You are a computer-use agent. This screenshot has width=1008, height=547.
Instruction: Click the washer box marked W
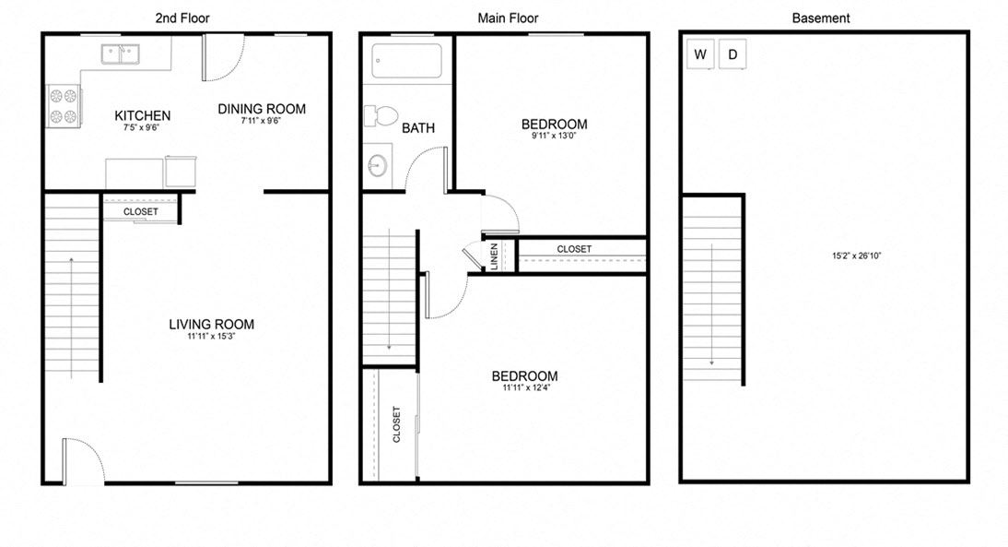point(700,54)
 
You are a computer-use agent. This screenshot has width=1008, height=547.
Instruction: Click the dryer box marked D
point(733,54)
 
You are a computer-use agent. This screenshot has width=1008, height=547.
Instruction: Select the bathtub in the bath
point(406,62)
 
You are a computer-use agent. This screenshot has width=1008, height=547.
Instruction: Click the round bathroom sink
point(377,167)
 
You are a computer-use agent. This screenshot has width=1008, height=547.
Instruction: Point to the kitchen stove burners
point(63,105)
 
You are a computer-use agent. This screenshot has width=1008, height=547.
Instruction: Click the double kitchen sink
point(120,54)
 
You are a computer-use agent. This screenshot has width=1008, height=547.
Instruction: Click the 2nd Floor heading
point(183,18)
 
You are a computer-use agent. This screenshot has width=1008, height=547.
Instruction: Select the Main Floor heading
point(508,18)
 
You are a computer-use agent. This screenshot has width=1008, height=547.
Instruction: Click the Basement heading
point(821,18)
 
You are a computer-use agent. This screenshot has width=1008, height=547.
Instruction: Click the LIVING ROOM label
point(211,324)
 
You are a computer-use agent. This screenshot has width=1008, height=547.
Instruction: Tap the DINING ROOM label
point(262,109)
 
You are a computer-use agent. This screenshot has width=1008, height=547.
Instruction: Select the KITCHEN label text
point(142,115)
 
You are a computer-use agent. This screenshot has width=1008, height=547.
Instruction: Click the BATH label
point(417,128)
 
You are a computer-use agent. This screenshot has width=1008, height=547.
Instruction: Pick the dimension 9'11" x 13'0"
point(554,137)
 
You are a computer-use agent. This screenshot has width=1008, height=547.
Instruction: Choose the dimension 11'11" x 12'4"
point(524,388)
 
